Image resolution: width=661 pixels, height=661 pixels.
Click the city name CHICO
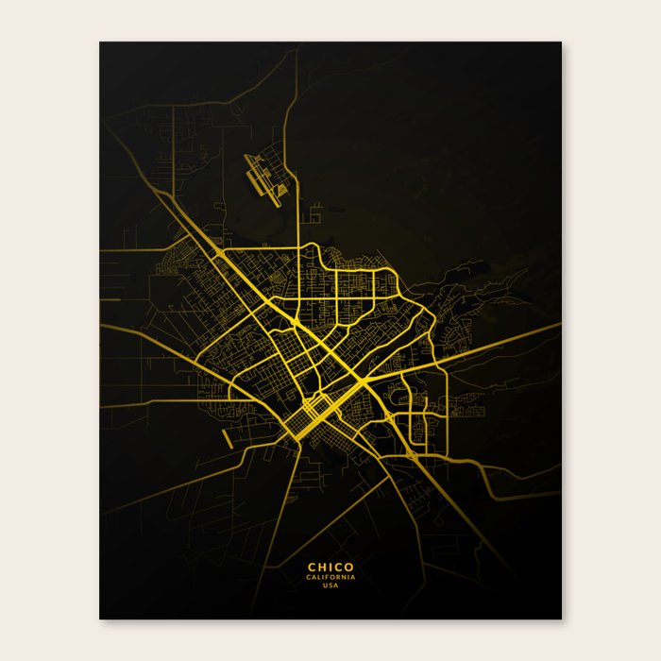click(x=330, y=568)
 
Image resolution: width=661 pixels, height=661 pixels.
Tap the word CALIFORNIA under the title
click(x=330, y=577)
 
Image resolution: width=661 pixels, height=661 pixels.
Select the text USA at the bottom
click(x=330, y=585)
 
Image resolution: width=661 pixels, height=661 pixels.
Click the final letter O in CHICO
click(x=350, y=568)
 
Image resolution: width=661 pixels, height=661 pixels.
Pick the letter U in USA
click(x=325, y=585)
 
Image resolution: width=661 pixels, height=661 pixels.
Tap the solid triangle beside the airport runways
click(x=281, y=194)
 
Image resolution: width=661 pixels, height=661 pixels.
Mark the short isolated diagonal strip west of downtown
click(x=228, y=439)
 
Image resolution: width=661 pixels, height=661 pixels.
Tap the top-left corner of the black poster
click(x=100, y=42)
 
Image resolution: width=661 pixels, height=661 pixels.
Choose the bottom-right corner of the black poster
click(x=561, y=619)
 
